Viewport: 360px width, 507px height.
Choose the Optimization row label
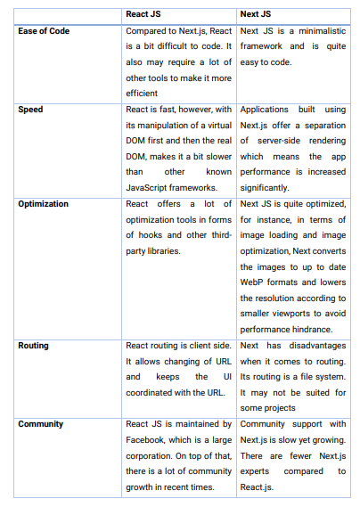coord(43,203)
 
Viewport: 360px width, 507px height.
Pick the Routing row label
coord(35,344)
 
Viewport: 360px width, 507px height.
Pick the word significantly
coord(265,188)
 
